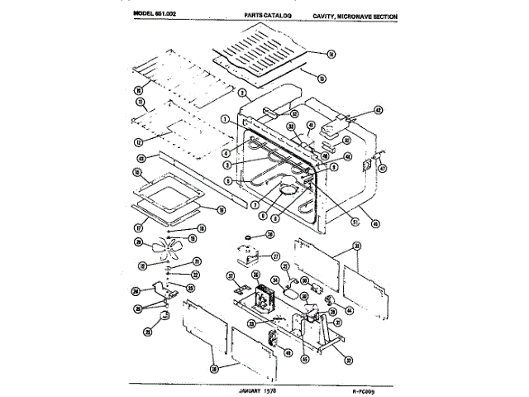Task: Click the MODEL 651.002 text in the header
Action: (158, 15)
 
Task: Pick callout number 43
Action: (141, 158)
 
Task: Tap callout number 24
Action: (135, 290)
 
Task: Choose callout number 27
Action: (277, 256)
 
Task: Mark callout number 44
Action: (349, 310)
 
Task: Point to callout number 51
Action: (355, 222)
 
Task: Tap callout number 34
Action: (274, 280)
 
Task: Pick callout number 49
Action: (288, 353)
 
